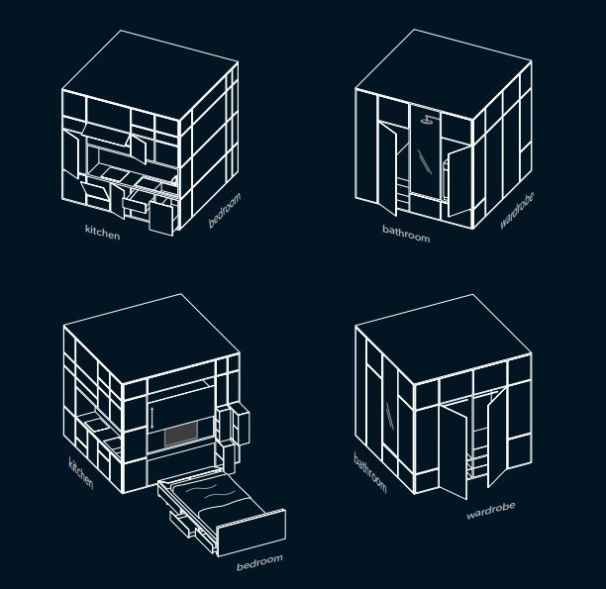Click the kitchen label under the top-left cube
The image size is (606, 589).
tap(102, 232)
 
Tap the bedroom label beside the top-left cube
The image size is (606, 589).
tap(225, 210)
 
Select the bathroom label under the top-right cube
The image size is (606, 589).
tap(406, 234)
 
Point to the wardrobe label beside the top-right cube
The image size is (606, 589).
tap(517, 211)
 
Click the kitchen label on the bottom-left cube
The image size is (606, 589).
tap(81, 473)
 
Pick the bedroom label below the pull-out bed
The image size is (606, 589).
tap(259, 562)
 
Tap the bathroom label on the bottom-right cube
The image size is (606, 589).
tap(370, 472)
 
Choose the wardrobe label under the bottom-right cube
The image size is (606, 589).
tap(491, 511)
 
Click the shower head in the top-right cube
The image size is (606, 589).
tap(428, 120)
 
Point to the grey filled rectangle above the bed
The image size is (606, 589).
tap(181, 434)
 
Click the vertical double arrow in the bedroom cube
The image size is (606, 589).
tap(151, 417)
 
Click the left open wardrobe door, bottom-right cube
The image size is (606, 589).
tap(454, 451)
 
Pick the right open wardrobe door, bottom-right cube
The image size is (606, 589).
tap(497, 438)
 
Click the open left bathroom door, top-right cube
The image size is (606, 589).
tap(387, 168)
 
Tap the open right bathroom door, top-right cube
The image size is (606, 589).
tap(459, 181)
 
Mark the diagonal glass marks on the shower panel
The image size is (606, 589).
tap(425, 161)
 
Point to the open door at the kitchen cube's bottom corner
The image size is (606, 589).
tap(161, 218)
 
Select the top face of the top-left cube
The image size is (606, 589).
tap(150, 76)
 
